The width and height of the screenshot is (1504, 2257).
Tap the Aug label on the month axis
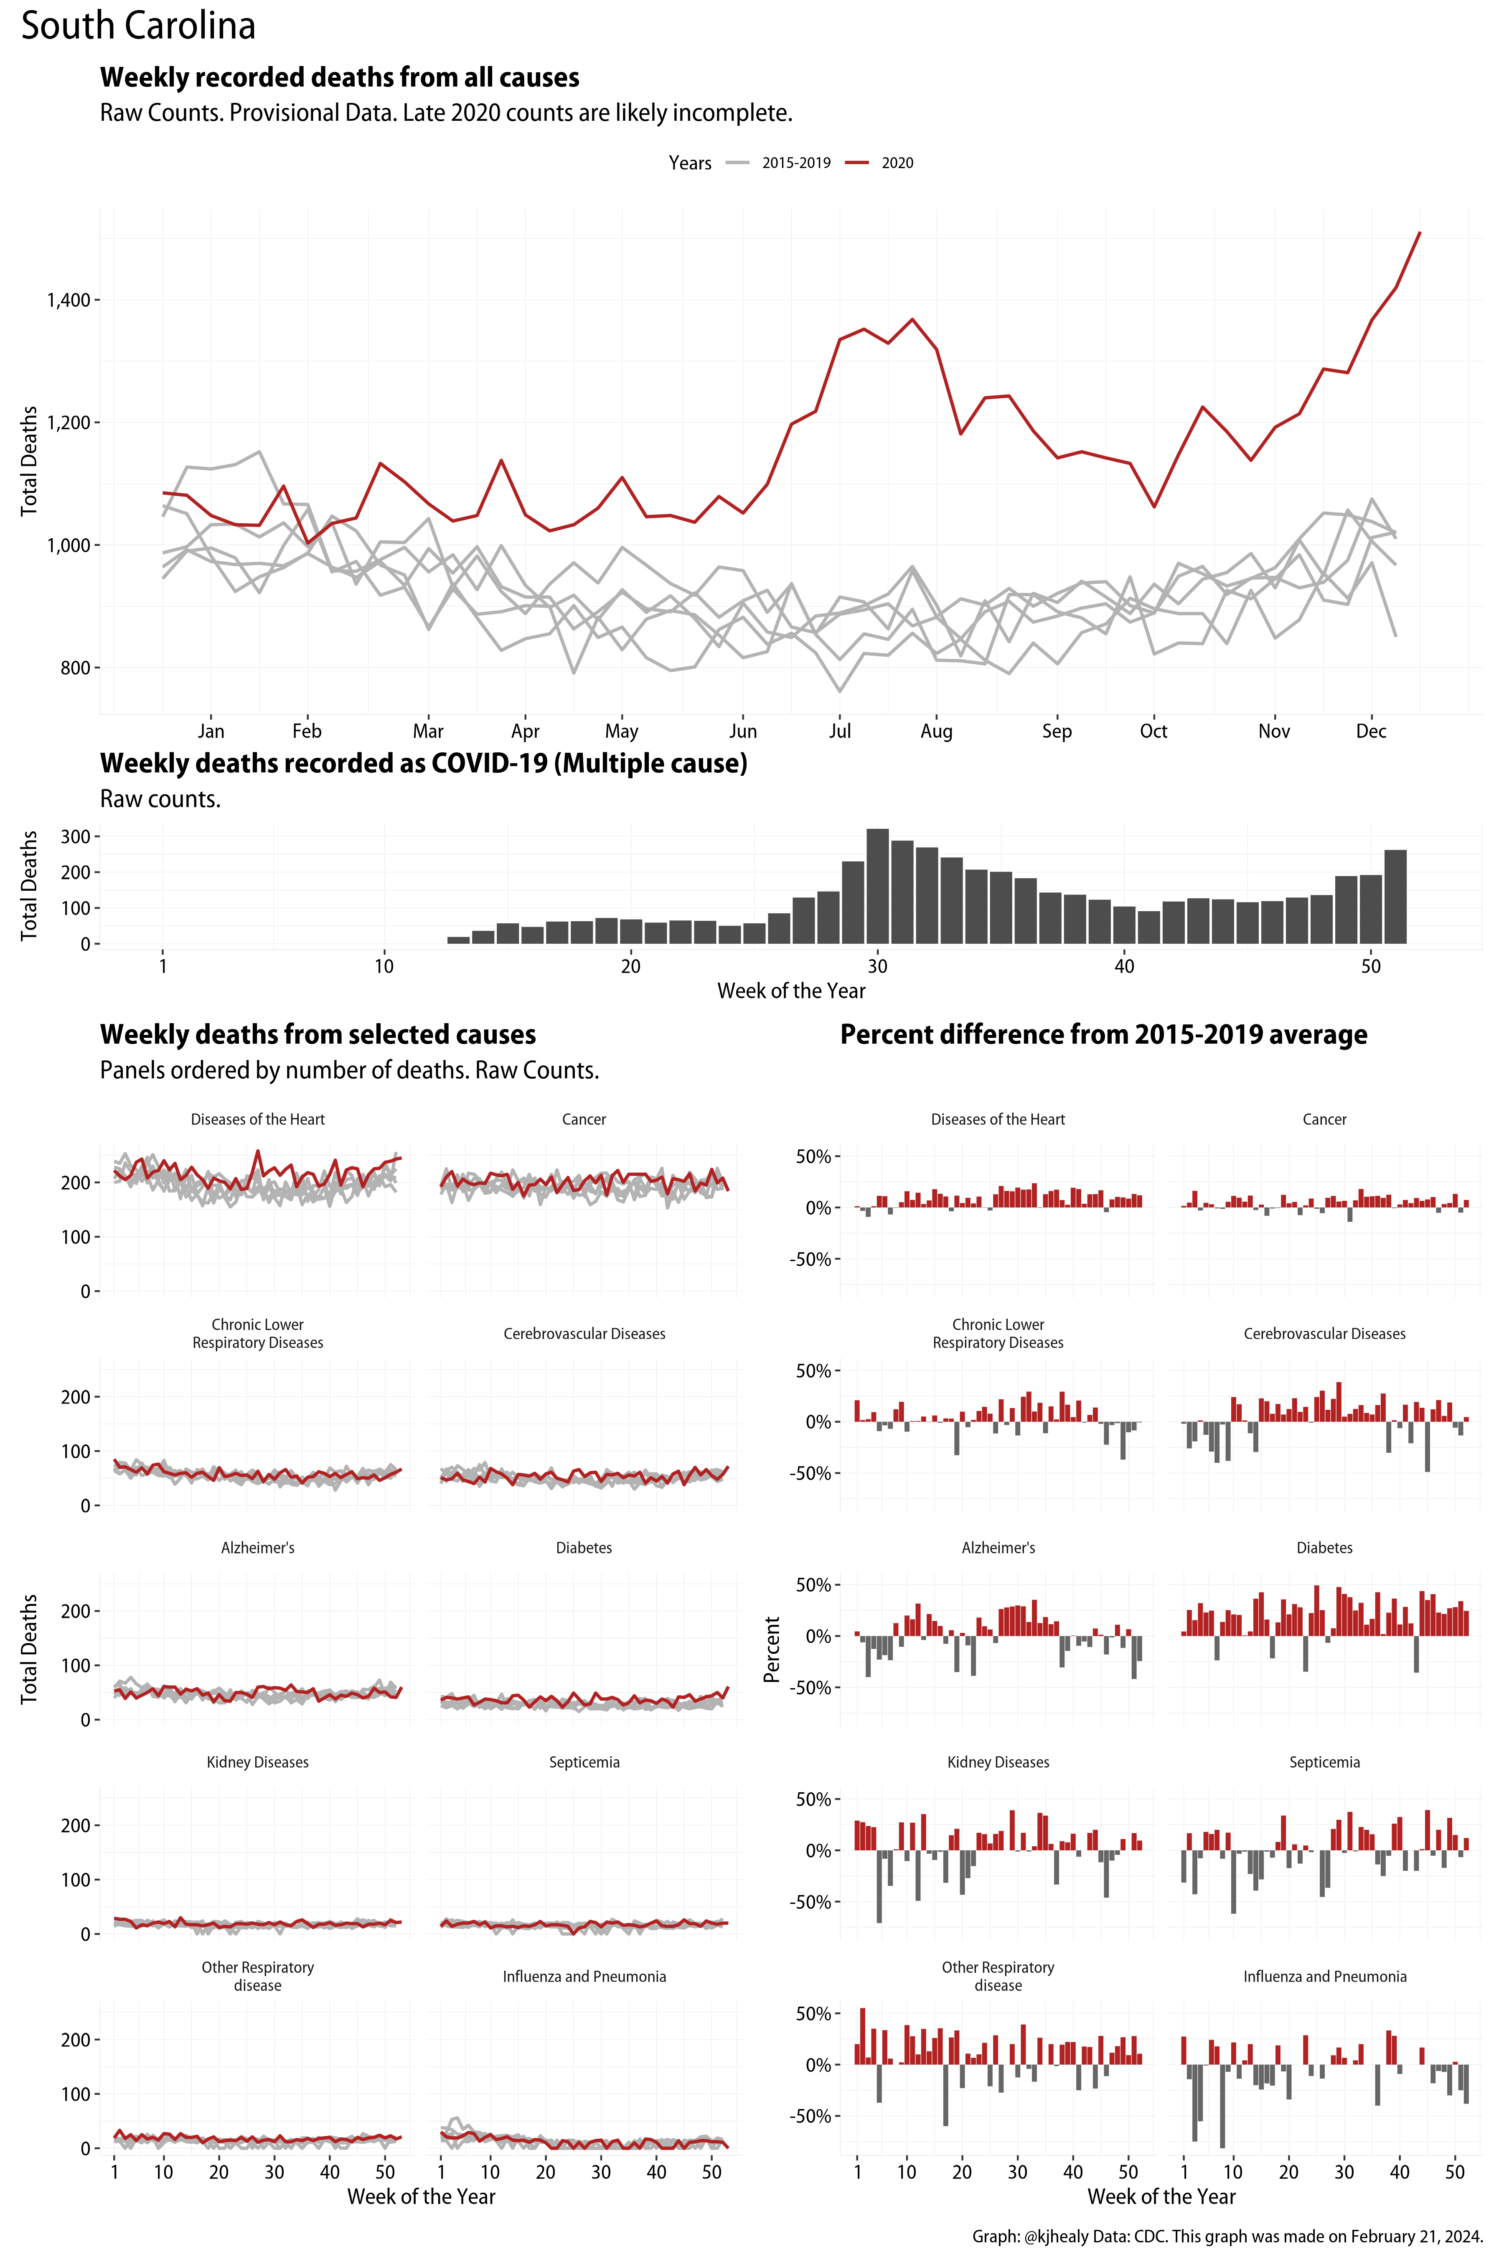pos(936,731)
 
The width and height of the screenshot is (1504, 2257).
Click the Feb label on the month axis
pos(307,731)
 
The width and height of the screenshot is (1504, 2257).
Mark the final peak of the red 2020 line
pos(1420,233)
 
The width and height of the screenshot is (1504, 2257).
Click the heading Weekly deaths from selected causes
pos(318,1034)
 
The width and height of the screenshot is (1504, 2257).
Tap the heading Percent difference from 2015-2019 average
pos(1103,1034)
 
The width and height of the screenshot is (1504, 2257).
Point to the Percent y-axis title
pos(771,1648)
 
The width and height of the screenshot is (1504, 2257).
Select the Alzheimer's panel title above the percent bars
pos(998,1548)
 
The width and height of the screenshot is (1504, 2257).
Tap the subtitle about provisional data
pos(446,113)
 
